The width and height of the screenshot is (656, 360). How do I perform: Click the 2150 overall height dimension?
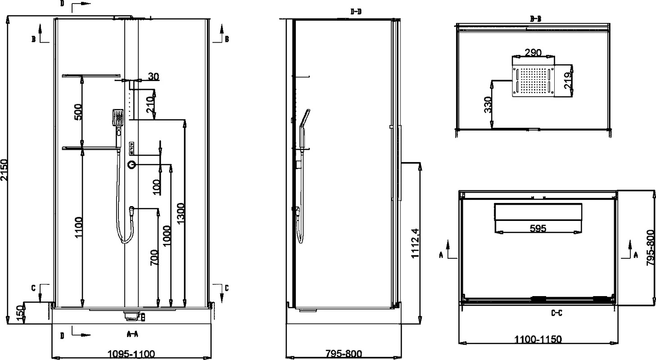click(5, 170)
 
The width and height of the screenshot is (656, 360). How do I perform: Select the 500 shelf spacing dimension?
click(78, 112)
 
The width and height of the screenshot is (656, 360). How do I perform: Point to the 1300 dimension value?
click(181, 213)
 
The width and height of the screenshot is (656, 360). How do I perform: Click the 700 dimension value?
click(154, 257)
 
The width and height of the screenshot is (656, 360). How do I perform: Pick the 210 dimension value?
click(150, 105)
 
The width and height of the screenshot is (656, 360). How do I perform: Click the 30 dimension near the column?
click(153, 76)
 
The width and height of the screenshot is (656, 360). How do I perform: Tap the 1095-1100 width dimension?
click(131, 354)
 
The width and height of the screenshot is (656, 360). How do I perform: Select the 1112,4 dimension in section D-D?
click(416, 243)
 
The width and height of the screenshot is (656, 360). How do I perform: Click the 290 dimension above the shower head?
click(533, 52)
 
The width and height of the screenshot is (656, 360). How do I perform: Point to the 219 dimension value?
click(568, 81)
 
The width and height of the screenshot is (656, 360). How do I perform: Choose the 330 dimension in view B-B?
click(488, 105)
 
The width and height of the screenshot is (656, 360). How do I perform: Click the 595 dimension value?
click(538, 228)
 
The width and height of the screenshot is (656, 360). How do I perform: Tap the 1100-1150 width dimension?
click(538, 339)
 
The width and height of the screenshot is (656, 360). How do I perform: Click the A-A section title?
click(132, 334)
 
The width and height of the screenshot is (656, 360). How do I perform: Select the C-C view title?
click(556, 313)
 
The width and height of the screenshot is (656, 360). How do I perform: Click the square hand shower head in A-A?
click(118, 117)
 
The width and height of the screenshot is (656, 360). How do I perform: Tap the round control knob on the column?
click(131, 165)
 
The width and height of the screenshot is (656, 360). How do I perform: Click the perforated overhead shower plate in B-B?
click(533, 81)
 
